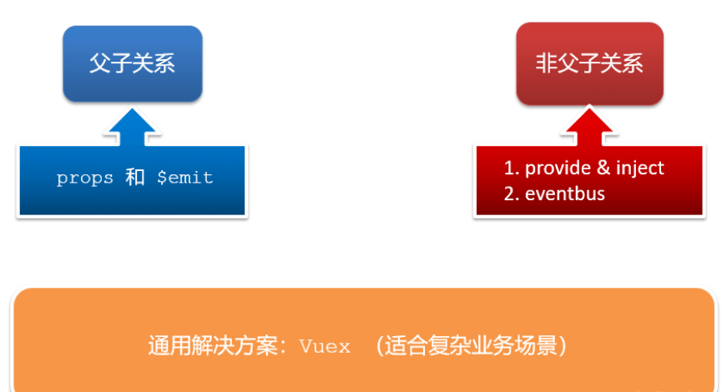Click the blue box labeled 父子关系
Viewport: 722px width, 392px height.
point(132,64)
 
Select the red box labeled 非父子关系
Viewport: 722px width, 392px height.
point(589,64)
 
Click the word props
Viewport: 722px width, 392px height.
point(84,178)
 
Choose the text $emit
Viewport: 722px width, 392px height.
point(185,178)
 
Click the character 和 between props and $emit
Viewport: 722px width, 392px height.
point(135,178)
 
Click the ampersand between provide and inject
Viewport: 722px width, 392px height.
point(603,168)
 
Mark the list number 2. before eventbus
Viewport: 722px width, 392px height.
point(511,194)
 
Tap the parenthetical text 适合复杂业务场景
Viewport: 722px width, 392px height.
point(473,346)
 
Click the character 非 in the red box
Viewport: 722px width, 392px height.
point(546,64)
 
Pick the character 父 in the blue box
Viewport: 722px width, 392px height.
point(100,64)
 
